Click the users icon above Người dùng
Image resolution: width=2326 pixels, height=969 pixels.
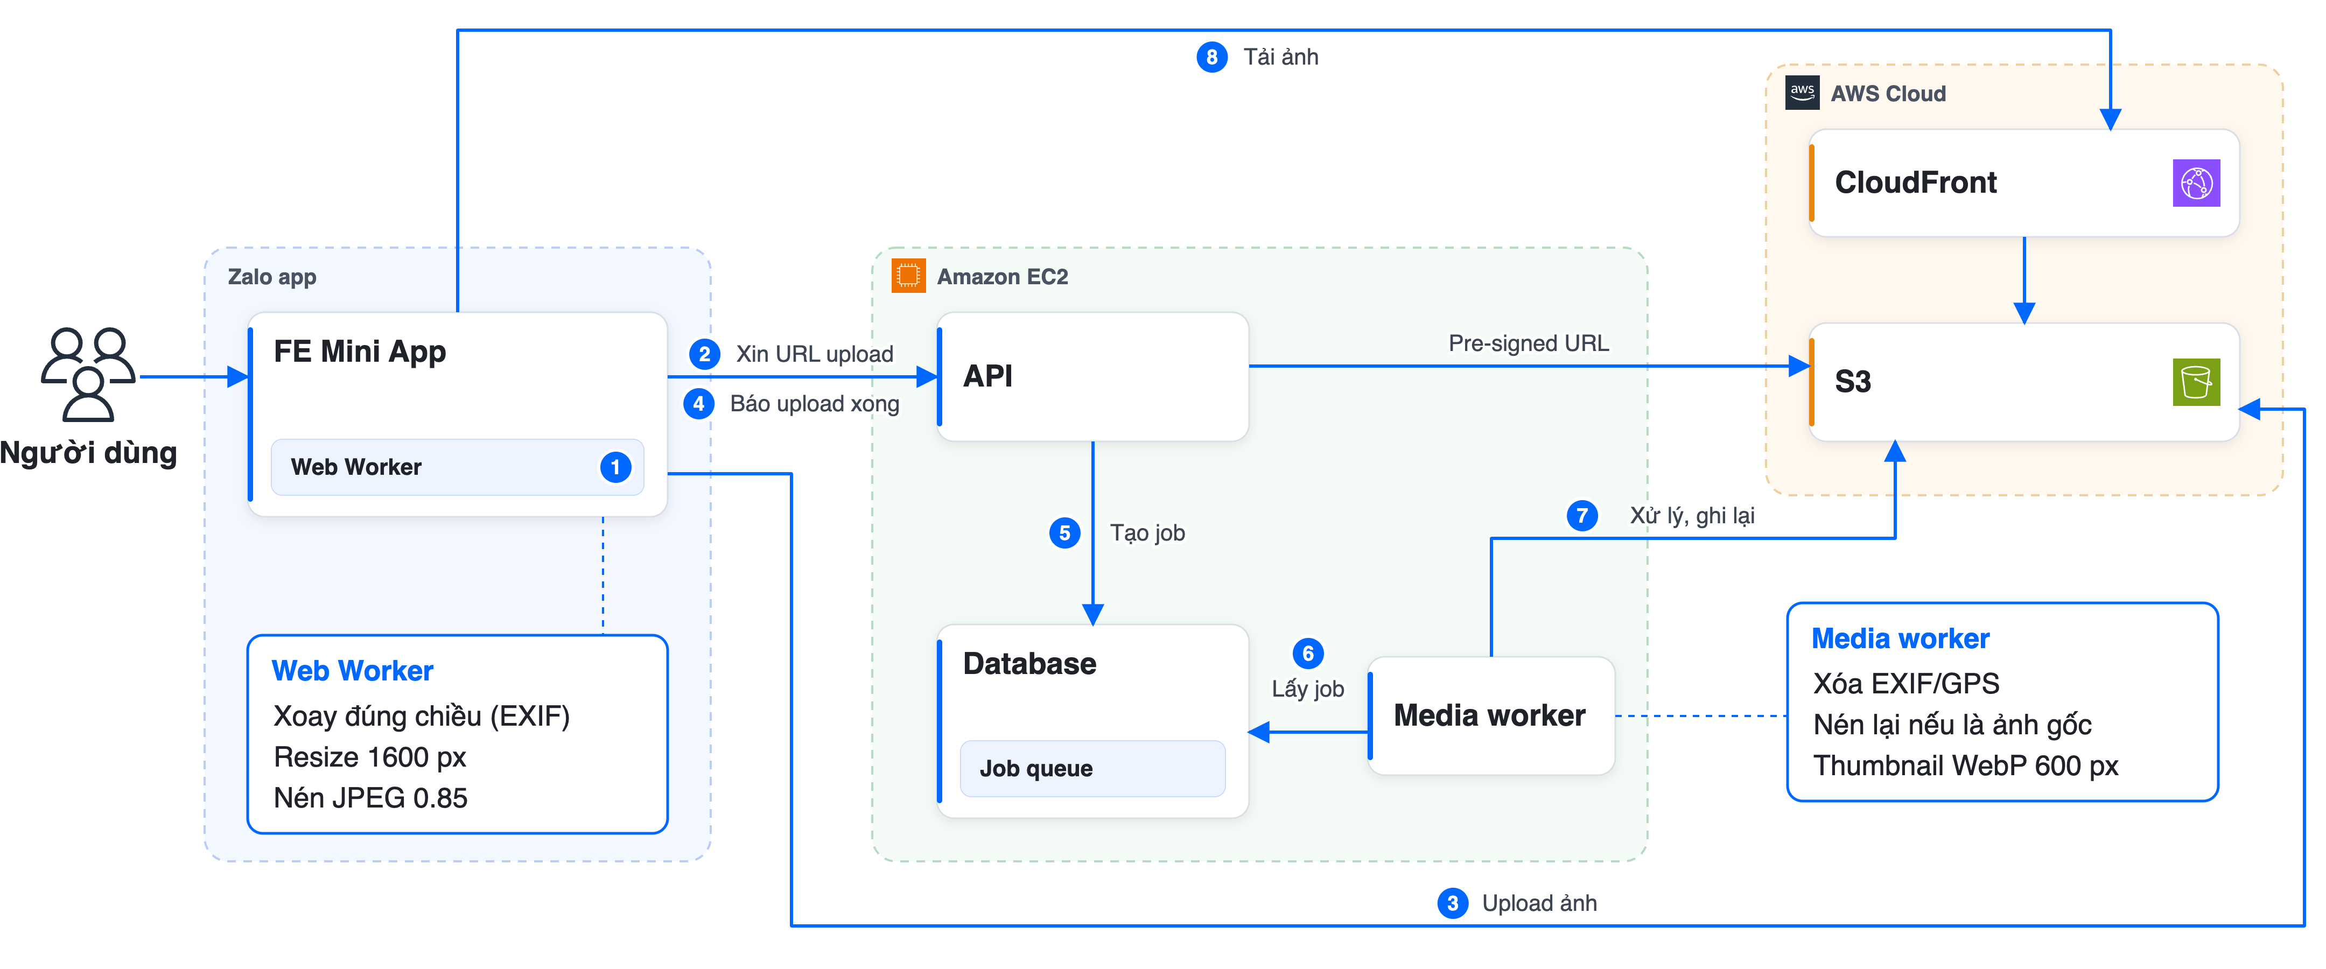point(88,374)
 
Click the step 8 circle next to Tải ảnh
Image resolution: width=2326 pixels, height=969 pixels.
point(1212,57)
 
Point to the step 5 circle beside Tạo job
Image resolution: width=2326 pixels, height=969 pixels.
point(1064,533)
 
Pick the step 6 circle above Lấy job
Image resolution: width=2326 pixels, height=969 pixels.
point(1307,653)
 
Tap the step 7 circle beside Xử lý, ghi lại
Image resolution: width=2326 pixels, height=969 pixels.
point(1582,516)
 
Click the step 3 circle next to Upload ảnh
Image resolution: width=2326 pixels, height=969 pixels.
point(1452,903)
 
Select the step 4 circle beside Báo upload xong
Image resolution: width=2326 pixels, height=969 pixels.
point(698,404)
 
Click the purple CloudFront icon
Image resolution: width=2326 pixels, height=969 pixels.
point(2196,184)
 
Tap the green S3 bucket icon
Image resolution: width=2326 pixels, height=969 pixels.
point(2196,382)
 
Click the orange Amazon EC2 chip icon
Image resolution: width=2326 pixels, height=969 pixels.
point(908,276)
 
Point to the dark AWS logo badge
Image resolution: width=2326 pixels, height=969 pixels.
point(1802,92)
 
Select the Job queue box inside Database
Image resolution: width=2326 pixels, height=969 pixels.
point(1092,769)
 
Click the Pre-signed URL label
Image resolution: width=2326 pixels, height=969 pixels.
point(1529,343)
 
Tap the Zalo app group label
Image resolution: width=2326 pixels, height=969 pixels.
point(272,277)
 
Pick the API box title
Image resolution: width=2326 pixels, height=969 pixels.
point(988,376)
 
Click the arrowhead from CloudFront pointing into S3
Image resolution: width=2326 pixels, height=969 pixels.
point(2024,312)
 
